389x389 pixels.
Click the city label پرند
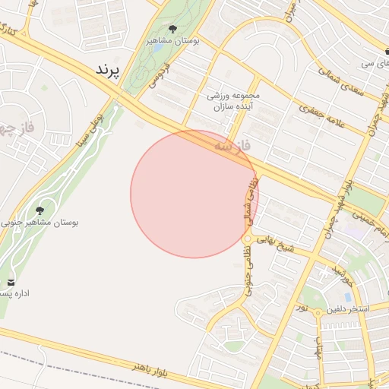107,69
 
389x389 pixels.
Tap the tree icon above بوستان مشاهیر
172,30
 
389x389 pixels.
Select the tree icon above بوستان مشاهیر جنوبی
40,210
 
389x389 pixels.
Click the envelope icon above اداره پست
11,283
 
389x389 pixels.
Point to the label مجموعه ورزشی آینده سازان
234,102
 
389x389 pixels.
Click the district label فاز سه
232,144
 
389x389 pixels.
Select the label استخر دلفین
347,310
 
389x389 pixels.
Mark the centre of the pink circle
194,194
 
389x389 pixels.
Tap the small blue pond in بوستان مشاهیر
157,48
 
